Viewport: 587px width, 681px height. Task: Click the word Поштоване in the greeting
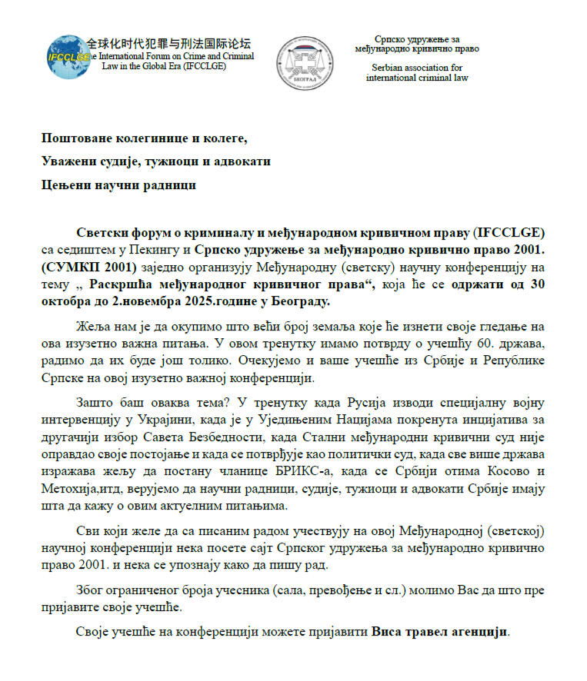pyautogui.click(x=78, y=138)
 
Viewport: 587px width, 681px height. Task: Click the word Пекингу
pyautogui.click(x=166, y=250)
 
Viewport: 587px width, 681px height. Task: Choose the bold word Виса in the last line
pyautogui.click(x=388, y=633)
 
